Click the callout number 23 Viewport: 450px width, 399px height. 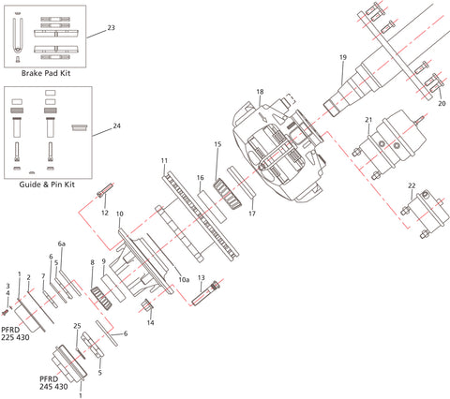tap(112, 28)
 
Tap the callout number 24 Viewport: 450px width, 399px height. tap(117, 126)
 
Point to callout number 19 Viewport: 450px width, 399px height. tap(343, 58)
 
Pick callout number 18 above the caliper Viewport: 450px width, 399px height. tap(260, 91)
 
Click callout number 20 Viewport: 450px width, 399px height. tap(442, 103)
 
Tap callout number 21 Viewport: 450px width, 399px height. tap(369, 120)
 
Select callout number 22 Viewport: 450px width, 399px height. tap(411, 186)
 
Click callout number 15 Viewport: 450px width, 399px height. tap(217, 144)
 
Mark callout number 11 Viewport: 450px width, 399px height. tap(164, 161)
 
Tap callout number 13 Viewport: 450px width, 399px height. tap(201, 278)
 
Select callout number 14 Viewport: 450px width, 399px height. tap(151, 322)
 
